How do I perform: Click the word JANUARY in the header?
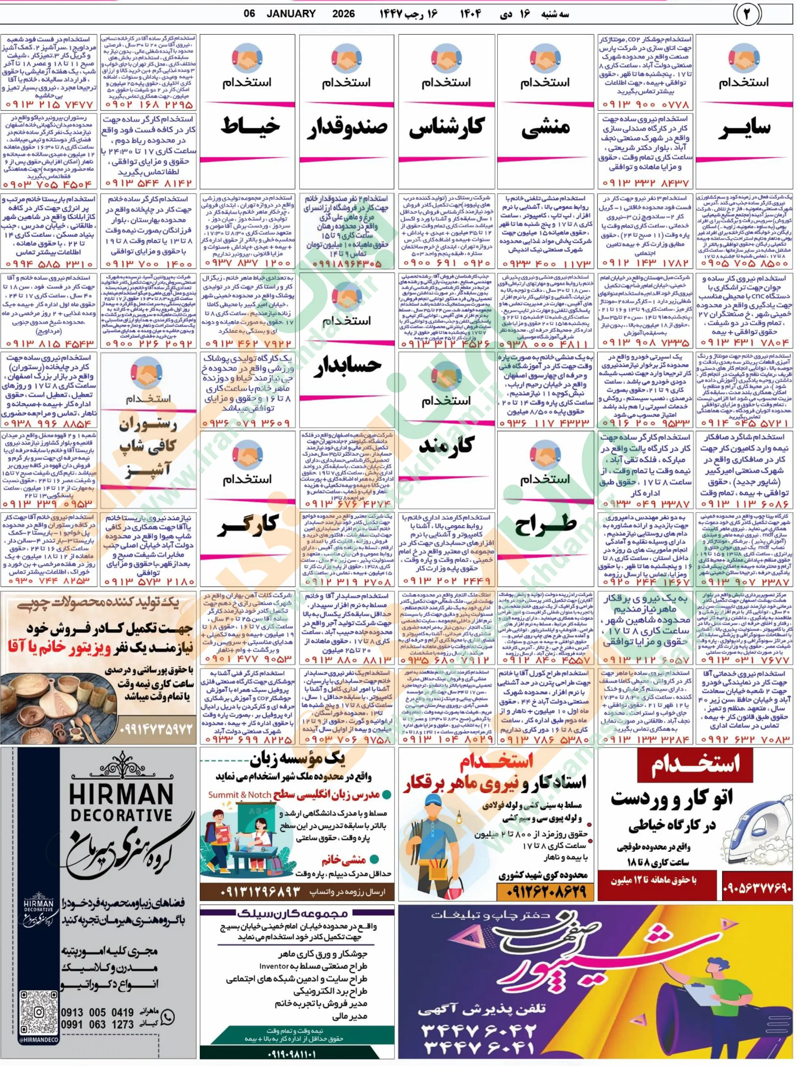point(291,14)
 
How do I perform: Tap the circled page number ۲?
point(747,15)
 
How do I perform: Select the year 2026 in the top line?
point(343,14)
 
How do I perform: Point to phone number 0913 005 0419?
point(97,1013)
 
